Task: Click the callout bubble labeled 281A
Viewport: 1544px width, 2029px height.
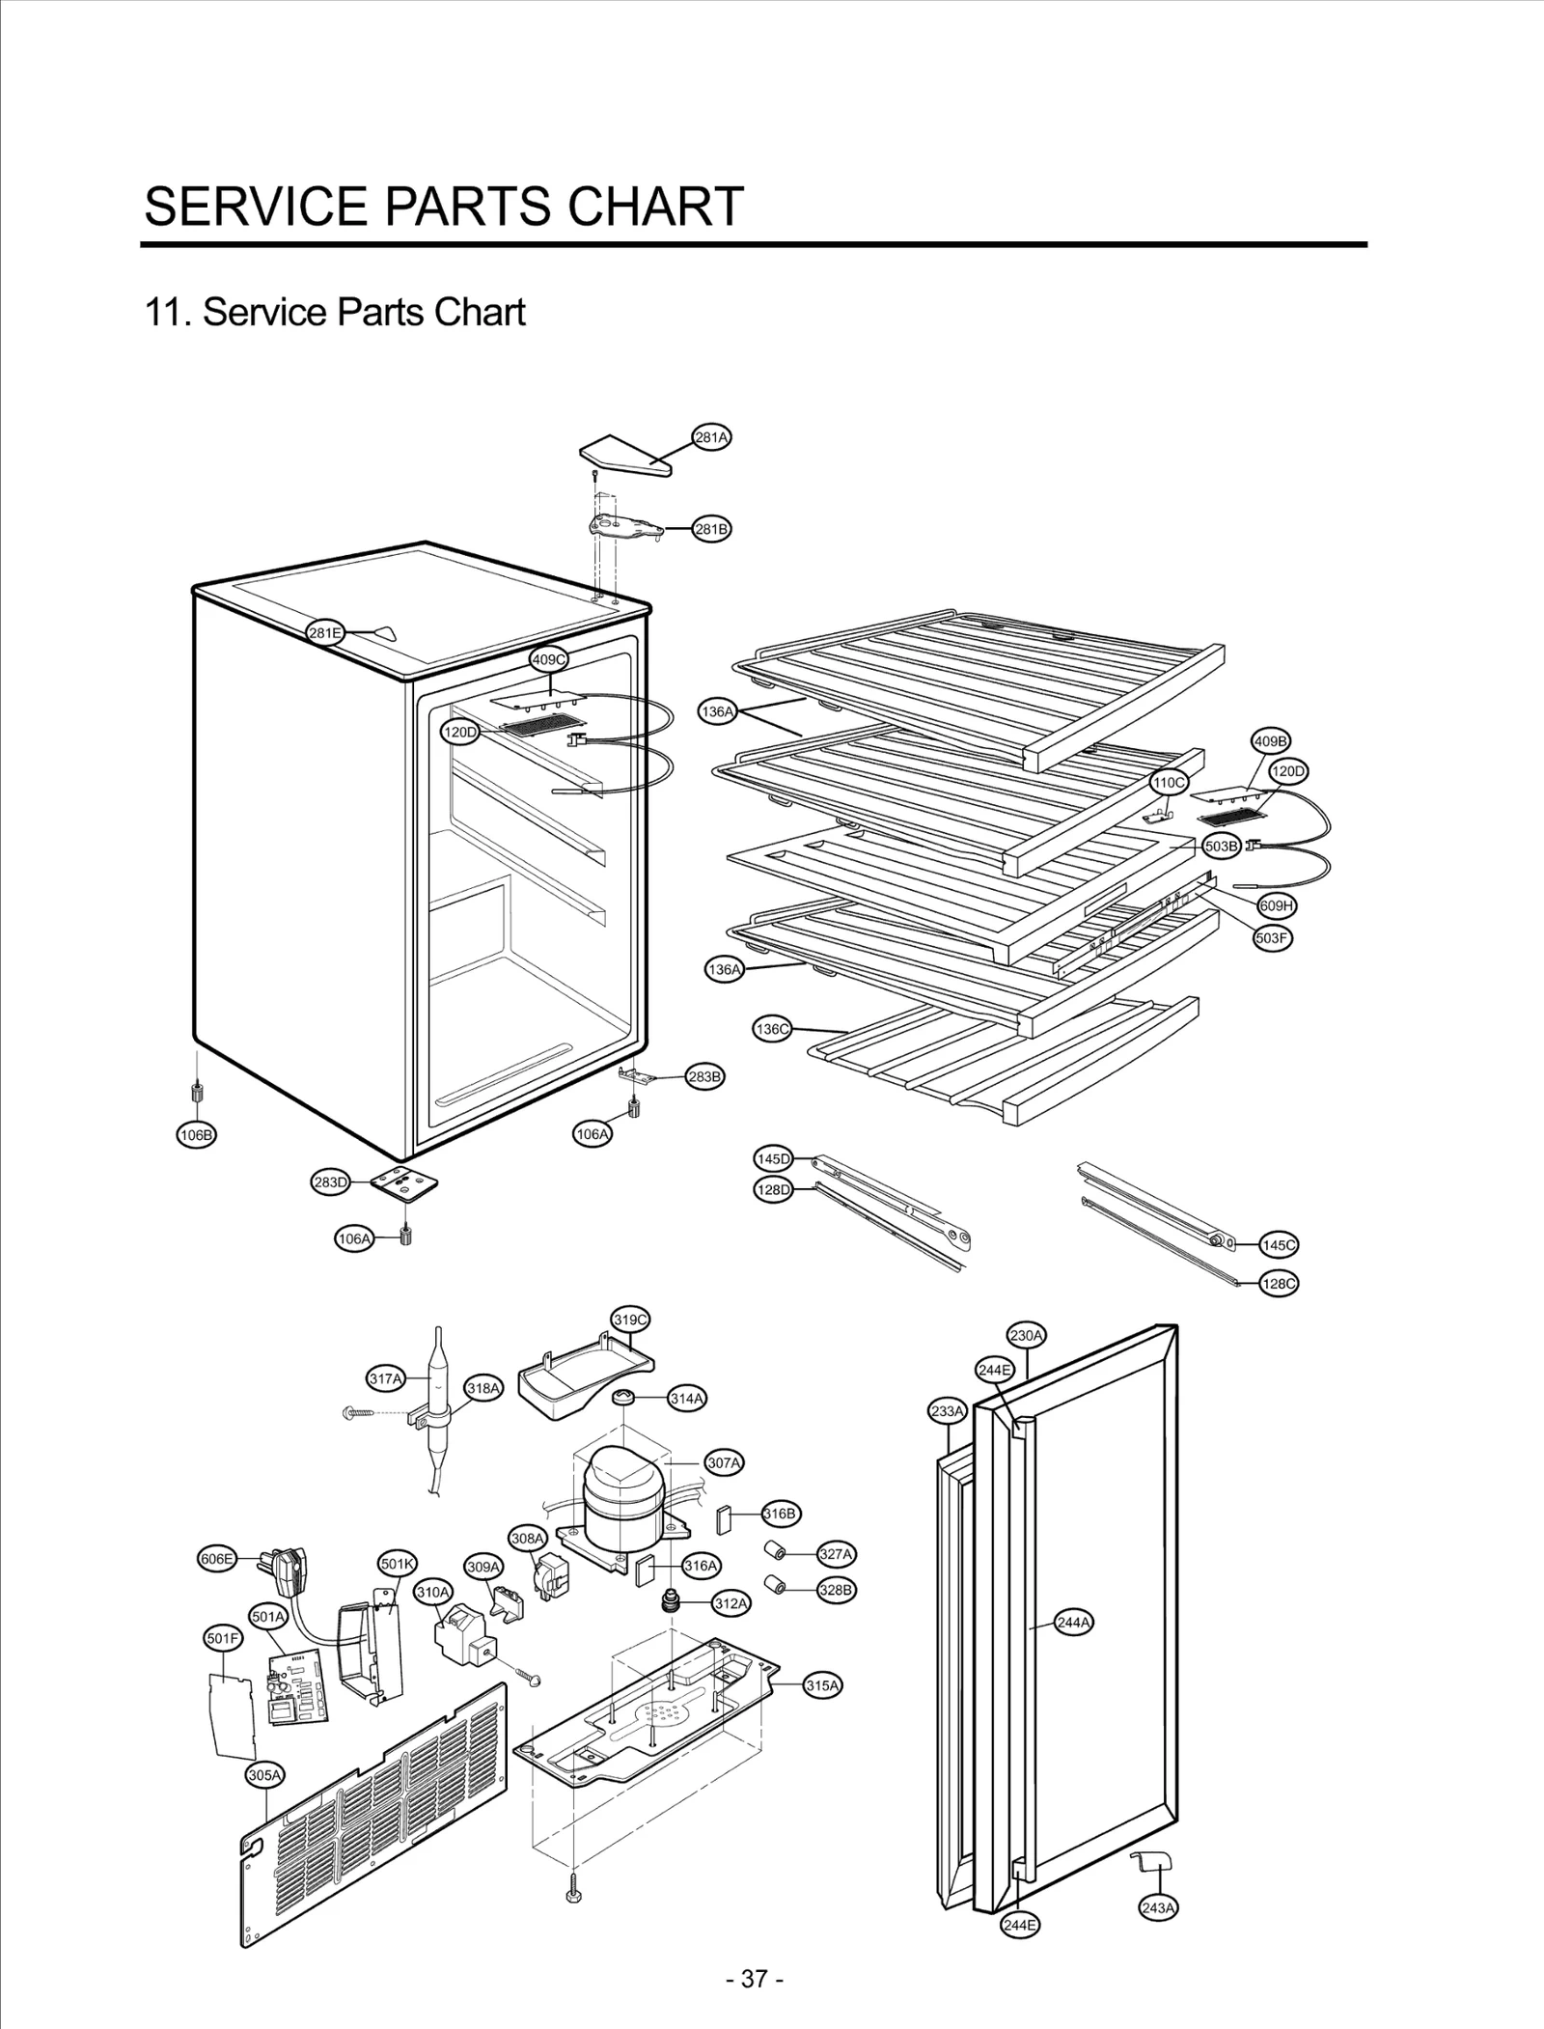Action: click(711, 437)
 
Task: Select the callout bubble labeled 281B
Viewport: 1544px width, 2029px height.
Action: click(712, 529)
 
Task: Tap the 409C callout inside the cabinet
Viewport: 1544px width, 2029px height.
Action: click(549, 659)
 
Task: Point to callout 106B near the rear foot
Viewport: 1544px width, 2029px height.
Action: click(196, 1135)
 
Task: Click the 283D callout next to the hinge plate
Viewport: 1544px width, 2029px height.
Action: click(330, 1182)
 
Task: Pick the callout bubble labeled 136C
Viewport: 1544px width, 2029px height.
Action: click(772, 1029)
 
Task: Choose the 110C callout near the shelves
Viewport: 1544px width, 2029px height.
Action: click(1169, 782)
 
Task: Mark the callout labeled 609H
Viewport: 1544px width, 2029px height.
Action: click(1277, 906)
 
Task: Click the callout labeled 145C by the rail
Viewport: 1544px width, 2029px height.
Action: click(1279, 1245)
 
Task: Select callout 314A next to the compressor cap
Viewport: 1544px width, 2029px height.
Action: click(687, 1398)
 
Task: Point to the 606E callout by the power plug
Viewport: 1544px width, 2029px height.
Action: click(216, 1559)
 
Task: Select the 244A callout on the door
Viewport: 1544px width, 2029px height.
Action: click(1074, 1623)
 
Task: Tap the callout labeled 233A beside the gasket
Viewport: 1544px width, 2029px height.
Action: click(947, 1411)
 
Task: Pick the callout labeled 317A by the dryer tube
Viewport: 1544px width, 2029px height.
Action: click(386, 1378)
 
